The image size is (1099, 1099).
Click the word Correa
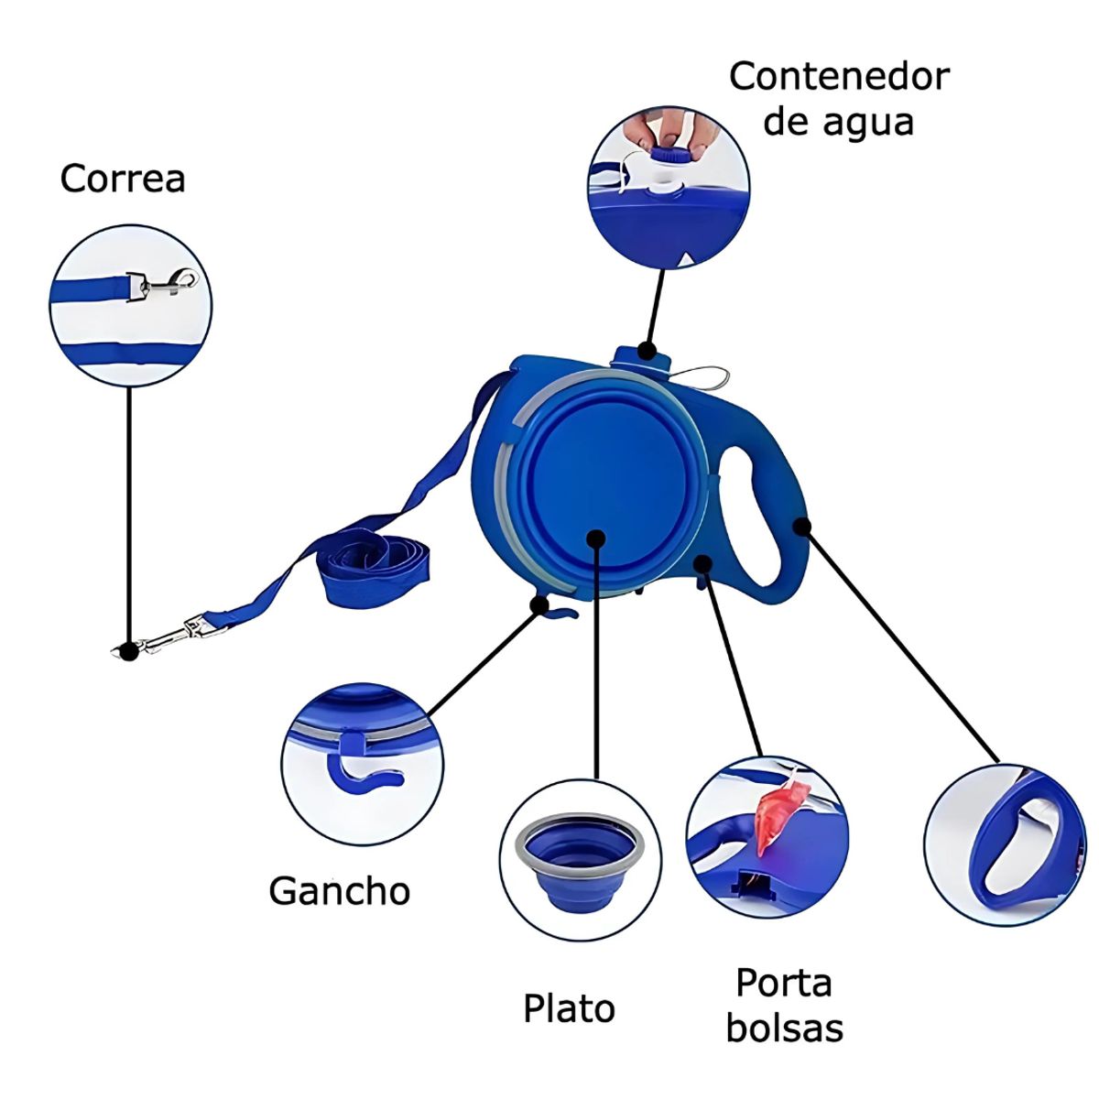(123, 179)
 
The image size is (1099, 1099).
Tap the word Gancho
(340, 890)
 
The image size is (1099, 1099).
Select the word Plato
(569, 1008)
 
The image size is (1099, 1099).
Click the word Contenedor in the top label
(839, 77)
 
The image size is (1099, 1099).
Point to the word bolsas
(785, 1028)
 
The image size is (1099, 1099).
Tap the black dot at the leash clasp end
(130, 652)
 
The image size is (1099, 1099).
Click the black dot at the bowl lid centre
(596, 539)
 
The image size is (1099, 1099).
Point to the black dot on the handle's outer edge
(802, 527)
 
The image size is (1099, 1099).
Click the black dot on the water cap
(647, 350)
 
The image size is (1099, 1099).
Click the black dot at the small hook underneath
(540, 604)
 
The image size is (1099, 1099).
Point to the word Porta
(784, 983)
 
